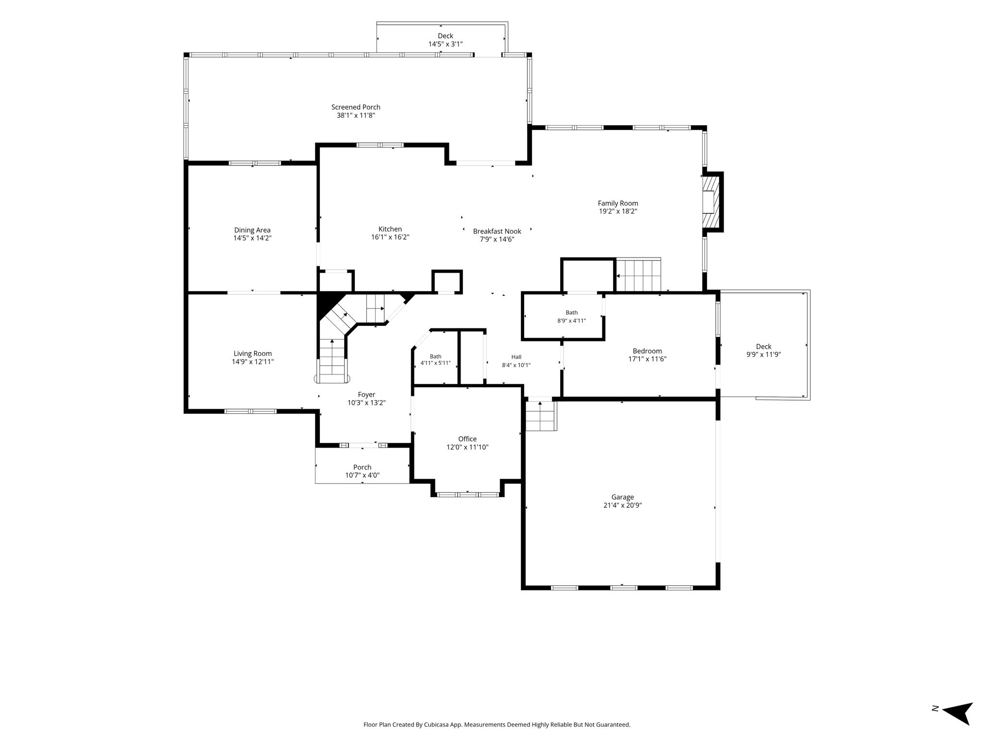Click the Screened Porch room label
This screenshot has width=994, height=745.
356,107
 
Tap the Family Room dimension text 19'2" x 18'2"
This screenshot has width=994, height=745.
618,211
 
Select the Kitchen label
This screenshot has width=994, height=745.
390,229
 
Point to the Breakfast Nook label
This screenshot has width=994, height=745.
497,231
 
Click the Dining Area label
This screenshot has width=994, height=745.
252,230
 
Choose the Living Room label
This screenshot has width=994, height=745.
253,354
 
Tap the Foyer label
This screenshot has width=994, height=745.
366,395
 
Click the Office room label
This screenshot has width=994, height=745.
467,439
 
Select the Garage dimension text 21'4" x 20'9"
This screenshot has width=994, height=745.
623,505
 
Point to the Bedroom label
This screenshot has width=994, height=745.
647,351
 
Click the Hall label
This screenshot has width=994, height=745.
516,357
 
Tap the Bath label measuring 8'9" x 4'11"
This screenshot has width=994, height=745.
572,312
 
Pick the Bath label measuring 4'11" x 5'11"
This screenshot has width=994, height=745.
435,356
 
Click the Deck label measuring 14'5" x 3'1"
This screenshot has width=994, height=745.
446,36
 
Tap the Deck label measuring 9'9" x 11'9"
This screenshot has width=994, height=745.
763,346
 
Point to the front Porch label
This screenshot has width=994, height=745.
362,468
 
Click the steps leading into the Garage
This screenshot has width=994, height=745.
541,416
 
